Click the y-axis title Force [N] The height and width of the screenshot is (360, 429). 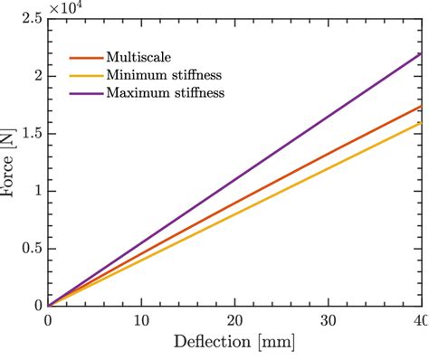[x=10, y=161]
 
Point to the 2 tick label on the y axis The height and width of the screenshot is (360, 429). [x=35, y=76]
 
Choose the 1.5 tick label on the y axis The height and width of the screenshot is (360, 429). [x=29, y=134]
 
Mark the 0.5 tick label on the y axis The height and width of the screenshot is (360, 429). [x=29, y=249]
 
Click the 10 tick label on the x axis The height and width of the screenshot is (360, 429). [x=141, y=320]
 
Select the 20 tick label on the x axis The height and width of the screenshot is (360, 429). [x=234, y=320]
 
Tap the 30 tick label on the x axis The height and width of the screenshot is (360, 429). [x=328, y=320]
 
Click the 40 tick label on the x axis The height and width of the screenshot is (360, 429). [x=419, y=320]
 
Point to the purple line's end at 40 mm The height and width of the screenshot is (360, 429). [x=421, y=53]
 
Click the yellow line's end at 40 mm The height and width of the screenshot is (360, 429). [x=421, y=122]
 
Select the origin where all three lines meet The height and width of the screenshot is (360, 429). [x=48, y=306]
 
